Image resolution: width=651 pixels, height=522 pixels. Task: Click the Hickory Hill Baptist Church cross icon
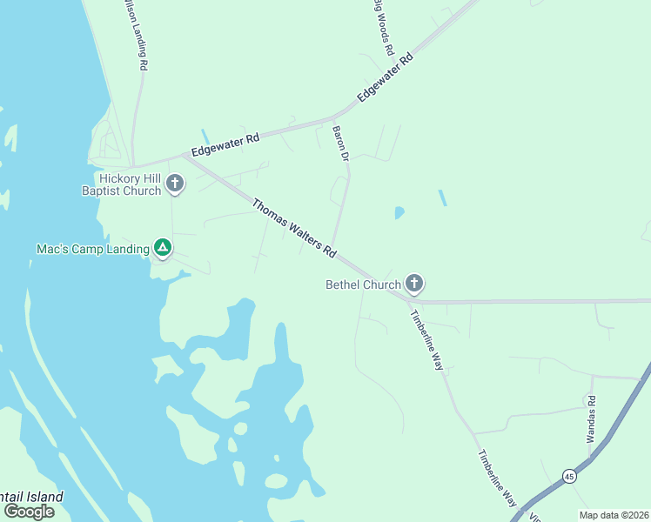click(x=175, y=183)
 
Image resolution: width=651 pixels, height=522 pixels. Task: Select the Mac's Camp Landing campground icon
click(x=162, y=247)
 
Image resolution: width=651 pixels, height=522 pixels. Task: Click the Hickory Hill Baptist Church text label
click(x=122, y=184)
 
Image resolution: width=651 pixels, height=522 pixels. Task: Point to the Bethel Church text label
click(x=363, y=284)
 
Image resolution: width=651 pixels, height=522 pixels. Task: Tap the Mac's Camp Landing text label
click(x=93, y=249)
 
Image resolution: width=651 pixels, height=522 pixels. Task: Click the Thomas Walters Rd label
click(x=294, y=228)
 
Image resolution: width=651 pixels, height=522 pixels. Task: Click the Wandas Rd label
click(x=591, y=418)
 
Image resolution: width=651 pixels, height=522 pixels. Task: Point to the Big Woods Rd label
click(x=384, y=26)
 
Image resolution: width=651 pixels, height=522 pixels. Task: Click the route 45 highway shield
click(x=569, y=476)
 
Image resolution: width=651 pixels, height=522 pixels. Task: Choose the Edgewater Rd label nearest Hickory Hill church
click(x=226, y=144)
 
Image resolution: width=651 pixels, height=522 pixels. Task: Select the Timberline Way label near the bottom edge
click(x=497, y=479)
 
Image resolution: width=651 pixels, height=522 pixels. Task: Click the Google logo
click(x=29, y=512)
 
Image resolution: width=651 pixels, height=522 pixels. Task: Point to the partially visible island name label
click(x=32, y=497)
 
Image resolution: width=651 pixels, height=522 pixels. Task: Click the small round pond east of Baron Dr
click(x=399, y=212)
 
